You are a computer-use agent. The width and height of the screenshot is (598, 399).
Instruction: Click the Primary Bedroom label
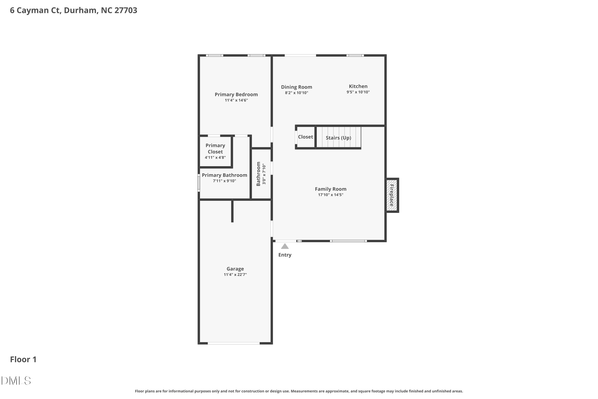click(x=236, y=94)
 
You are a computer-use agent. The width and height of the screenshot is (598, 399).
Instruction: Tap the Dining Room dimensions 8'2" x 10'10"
click(x=296, y=93)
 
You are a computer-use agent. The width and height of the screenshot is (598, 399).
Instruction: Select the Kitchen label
click(x=358, y=86)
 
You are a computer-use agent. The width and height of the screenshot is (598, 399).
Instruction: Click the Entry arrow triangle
click(x=285, y=246)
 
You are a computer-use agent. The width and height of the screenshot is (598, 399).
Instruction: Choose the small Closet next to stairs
click(x=305, y=137)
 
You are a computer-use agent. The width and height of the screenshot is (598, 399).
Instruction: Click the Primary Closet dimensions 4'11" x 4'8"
click(x=215, y=158)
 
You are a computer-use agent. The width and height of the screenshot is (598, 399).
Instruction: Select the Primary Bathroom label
click(x=224, y=175)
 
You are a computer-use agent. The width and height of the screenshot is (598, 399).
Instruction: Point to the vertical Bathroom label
click(x=258, y=174)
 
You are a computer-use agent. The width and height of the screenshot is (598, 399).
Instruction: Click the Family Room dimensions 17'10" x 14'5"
click(x=330, y=195)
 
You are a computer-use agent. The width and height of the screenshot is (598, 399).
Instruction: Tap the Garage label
click(x=235, y=269)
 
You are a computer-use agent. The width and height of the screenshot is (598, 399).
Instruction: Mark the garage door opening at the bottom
click(x=234, y=343)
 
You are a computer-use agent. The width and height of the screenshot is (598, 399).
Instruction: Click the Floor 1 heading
click(x=23, y=359)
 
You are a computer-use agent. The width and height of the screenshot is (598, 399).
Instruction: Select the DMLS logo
click(x=16, y=381)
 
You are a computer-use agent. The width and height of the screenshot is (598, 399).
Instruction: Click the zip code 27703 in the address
click(x=126, y=10)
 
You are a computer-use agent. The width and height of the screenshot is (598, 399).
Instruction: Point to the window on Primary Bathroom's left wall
click(x=199, y=183)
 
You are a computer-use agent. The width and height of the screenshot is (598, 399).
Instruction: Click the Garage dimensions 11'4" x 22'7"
click(x=235, y=275)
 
